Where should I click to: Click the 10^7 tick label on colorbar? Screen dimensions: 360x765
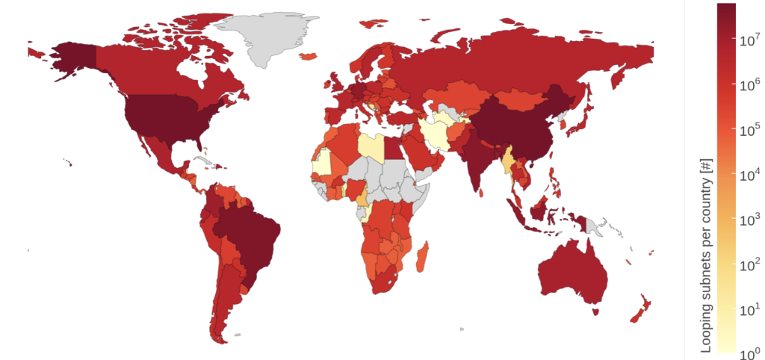pyautogui.click(x=749, y=42)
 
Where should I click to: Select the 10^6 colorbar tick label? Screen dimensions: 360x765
pyautogui.click(x=749, y=86)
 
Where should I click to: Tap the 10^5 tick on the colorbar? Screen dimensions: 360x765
pyautogui.click(x=749, y=130)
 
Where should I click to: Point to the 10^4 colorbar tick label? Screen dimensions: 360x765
pyautogui.click(x=749, y=174)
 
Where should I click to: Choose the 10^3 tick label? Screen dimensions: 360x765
pyautogui.click(x=749, y=218)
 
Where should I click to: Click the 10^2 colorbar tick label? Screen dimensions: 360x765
pyautogui.click(x=749, y=262)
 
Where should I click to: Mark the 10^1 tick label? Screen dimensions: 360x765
pyautogui.click(x=749, y=306)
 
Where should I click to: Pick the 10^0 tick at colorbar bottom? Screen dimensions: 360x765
pyautogui.click(x=749, y=350)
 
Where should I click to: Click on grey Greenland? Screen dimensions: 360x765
pyautogui.click(x=265, y=37)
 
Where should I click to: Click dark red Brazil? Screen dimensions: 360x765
pyautogui.click(x=247, y=239)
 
